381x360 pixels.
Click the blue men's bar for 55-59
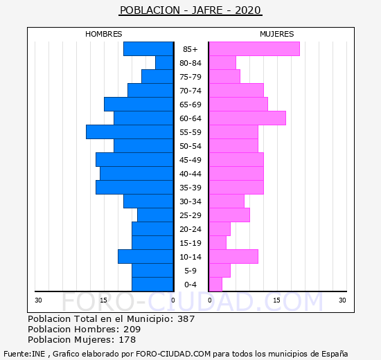130,132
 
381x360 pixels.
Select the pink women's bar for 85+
254,49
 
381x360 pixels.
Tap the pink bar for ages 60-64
247,118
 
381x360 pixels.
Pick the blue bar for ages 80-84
164,63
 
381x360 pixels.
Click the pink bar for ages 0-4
215,285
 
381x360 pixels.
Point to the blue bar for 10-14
145,257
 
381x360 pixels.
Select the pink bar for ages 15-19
218,243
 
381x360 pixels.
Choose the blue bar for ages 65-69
139,105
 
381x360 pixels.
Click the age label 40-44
190,174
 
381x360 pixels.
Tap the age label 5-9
190,271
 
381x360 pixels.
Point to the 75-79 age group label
190,77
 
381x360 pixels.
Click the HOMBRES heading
103,34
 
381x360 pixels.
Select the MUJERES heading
277,34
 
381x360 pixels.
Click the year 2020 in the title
248,10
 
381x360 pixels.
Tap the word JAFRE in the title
207,10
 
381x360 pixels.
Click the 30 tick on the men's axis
38,300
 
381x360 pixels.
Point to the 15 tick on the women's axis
277,300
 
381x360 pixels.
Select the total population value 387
186,318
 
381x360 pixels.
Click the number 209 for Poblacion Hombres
132,329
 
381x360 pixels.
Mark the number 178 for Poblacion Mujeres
127,340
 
